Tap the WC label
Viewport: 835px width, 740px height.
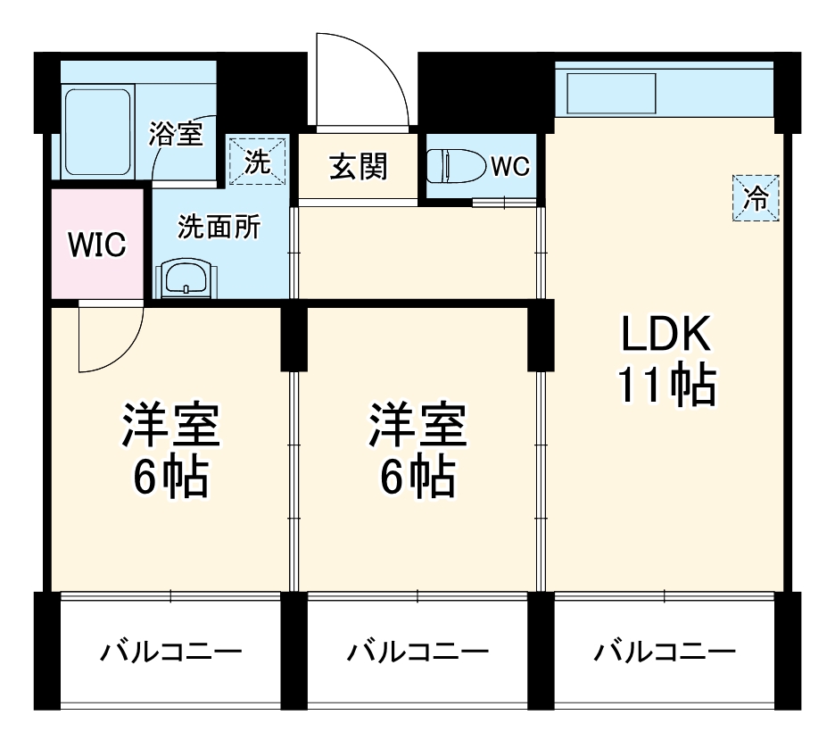(510, 166)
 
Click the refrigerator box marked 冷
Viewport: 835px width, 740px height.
(756, 197)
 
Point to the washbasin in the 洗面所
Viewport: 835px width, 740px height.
(186, 279)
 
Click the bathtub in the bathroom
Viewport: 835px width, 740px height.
(98, 132)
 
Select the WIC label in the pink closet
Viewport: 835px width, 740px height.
(97, 245)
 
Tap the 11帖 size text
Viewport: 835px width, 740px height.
(666, 386)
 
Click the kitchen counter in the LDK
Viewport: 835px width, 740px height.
(664, 89)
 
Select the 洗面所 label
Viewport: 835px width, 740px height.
(219, 228)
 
